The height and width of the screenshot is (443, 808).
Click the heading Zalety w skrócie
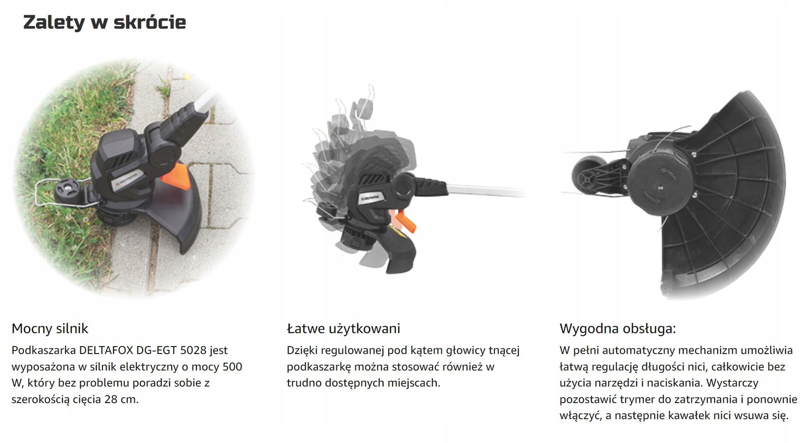[x=105, y=22]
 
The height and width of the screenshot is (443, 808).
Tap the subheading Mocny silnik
[x=50, y=329]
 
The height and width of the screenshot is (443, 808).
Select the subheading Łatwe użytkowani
[x=343, y=329]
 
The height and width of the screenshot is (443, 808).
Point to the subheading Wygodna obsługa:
[x=618, y=329]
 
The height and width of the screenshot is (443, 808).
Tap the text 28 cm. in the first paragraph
[x=122, y=400]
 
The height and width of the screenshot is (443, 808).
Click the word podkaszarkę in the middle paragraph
[x=319, y=367]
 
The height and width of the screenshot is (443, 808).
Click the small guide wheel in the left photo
[x=68, y=191]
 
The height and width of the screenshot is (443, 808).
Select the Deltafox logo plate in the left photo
[x=129, y=180]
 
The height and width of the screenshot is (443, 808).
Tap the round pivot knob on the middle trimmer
[x=404, y=186]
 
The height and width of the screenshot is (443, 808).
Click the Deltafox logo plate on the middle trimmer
[x=371, y=198]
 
